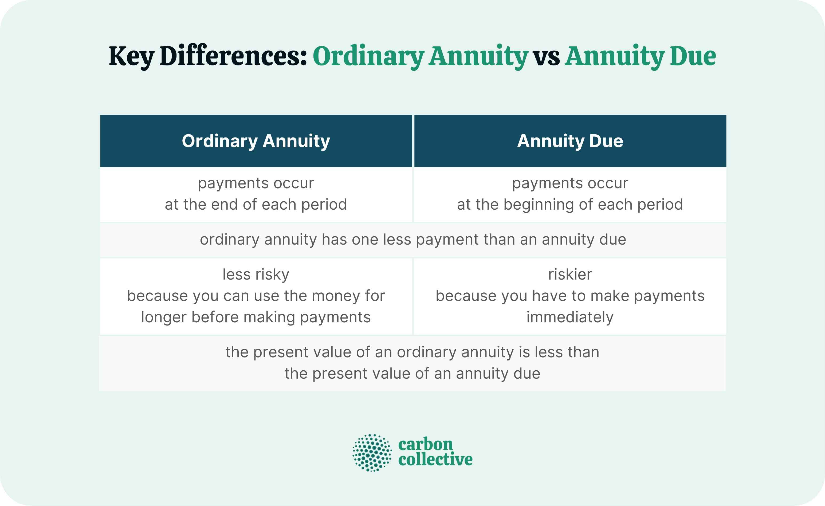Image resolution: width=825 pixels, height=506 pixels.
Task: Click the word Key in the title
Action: pos(131,56)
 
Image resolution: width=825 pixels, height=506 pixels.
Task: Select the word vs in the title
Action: pos(547,56)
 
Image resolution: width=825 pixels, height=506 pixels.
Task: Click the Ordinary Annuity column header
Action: pos(256,141)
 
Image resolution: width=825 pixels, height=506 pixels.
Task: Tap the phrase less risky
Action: pos(256,274)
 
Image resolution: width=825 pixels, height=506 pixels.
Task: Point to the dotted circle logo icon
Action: pos(372,453)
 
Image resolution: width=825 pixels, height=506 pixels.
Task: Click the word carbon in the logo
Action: pos(425,444)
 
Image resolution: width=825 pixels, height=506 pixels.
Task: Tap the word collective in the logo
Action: pos(435,460)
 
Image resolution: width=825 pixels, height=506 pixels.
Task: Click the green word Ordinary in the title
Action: pos(368,56)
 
